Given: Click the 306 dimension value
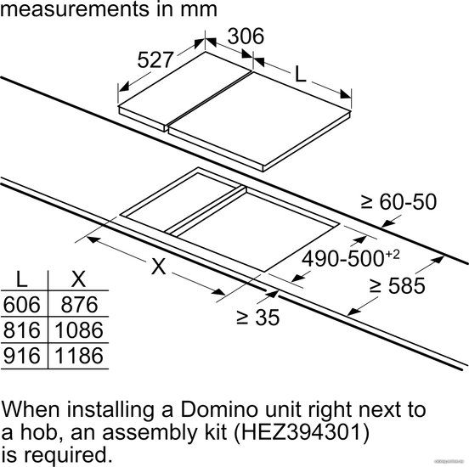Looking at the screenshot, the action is (246, 37).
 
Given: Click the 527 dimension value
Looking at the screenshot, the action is (155, 59).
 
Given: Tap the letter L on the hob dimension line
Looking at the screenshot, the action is (300, 74).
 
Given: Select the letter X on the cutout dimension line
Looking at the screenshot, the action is (159, 266).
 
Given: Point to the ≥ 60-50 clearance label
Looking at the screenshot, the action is (398, 202).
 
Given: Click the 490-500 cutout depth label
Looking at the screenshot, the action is (351, 258).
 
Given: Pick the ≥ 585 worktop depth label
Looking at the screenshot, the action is (398, 285).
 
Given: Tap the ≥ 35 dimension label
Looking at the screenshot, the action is (257, 318).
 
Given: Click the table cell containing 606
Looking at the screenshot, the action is (22, 304).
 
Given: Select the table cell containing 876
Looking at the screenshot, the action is (79, 304).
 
